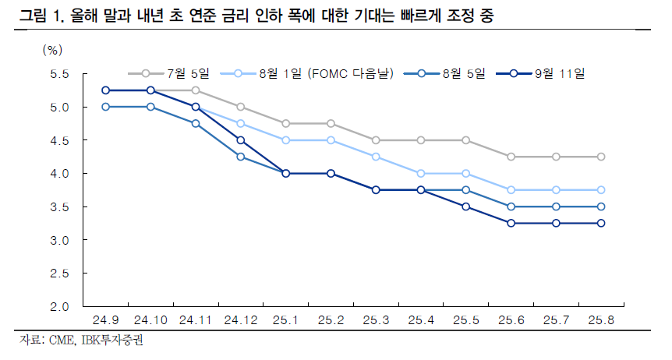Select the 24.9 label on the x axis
(x=105, y=320)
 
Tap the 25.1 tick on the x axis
(x=285, y=320)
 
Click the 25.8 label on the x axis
(x=600, y=320)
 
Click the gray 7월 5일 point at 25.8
(x=600, y=157)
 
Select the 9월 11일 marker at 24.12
(x=240, y=140)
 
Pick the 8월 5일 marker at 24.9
(x=105, y=107)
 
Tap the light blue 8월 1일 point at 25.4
(x=420, y=173)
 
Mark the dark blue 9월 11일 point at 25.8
(x=600, y=223)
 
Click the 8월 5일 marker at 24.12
(x=240, y=157)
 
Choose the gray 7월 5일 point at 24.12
(x=240, y=107)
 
